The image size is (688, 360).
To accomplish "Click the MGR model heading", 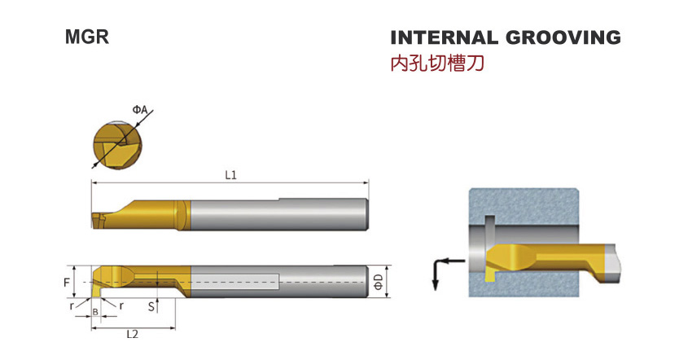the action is tap(87, 37).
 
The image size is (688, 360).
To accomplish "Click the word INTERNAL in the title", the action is tap(444, 37).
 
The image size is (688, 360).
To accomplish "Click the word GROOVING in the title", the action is tap(563, 37).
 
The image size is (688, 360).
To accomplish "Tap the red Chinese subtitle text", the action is tap(437, 64).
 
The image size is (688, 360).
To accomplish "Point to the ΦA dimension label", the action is tap(140, 109).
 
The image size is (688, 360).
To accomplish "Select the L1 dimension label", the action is tap(230, 175).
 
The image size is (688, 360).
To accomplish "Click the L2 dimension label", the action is tap(132, 334).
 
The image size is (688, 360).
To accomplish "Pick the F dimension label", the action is tap(67, 283).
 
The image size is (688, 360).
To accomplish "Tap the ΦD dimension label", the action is tap(379, 282).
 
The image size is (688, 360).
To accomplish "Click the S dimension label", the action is tap(151, 306).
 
